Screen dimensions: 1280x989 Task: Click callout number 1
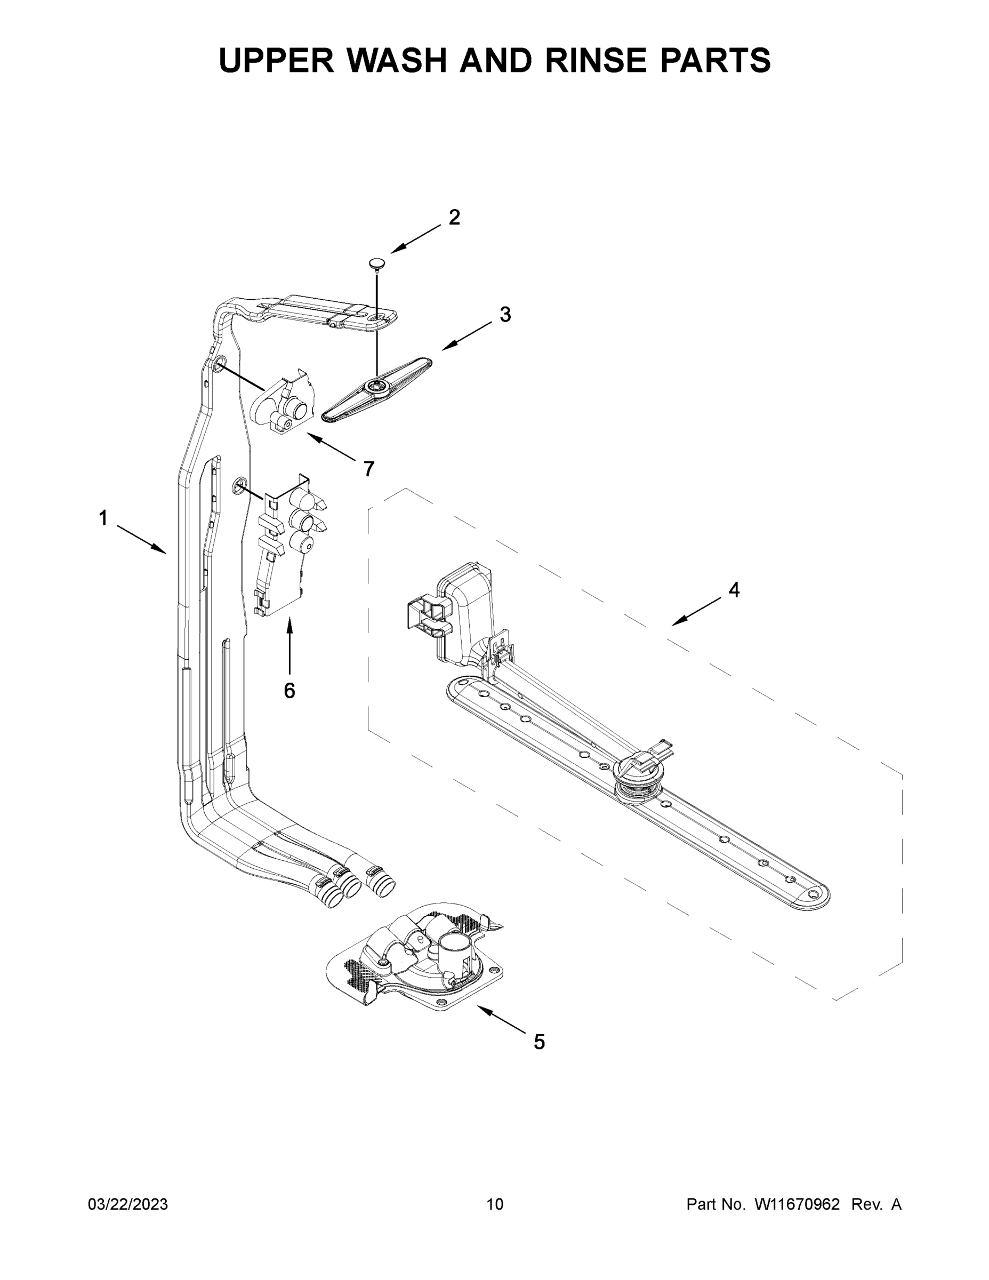(103, 518)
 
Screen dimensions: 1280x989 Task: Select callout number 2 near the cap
(454, 218)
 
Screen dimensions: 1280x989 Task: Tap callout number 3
(505, 315)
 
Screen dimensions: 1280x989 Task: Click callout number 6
(290, 691)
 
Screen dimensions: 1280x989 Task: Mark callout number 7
(368, 469)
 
